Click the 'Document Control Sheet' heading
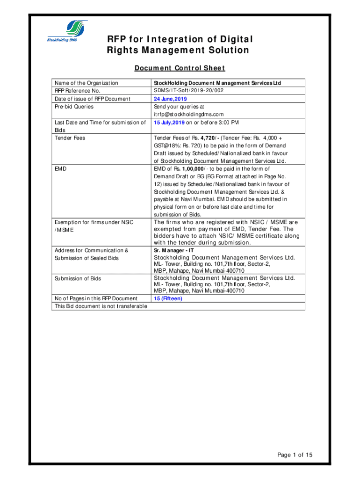[180, 68]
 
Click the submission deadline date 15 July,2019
[169, 123]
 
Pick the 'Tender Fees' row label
[70, 138]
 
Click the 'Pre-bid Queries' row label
[74, 107]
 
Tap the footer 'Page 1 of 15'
[295, 455]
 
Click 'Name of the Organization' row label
[86, 83]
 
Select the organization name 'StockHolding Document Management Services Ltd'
[217, 83]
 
